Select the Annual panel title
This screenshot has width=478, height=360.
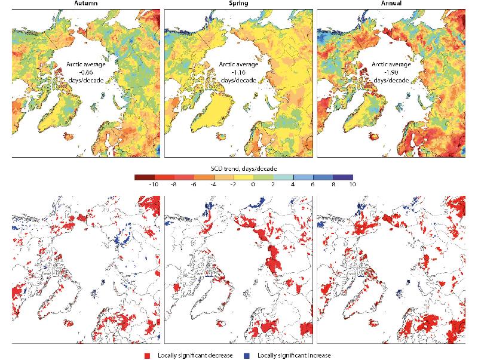coord(394,4)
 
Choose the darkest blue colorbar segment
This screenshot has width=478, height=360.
coord(344,177)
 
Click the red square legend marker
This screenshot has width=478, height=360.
coord(147,355)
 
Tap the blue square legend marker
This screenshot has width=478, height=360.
coord(246,355)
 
